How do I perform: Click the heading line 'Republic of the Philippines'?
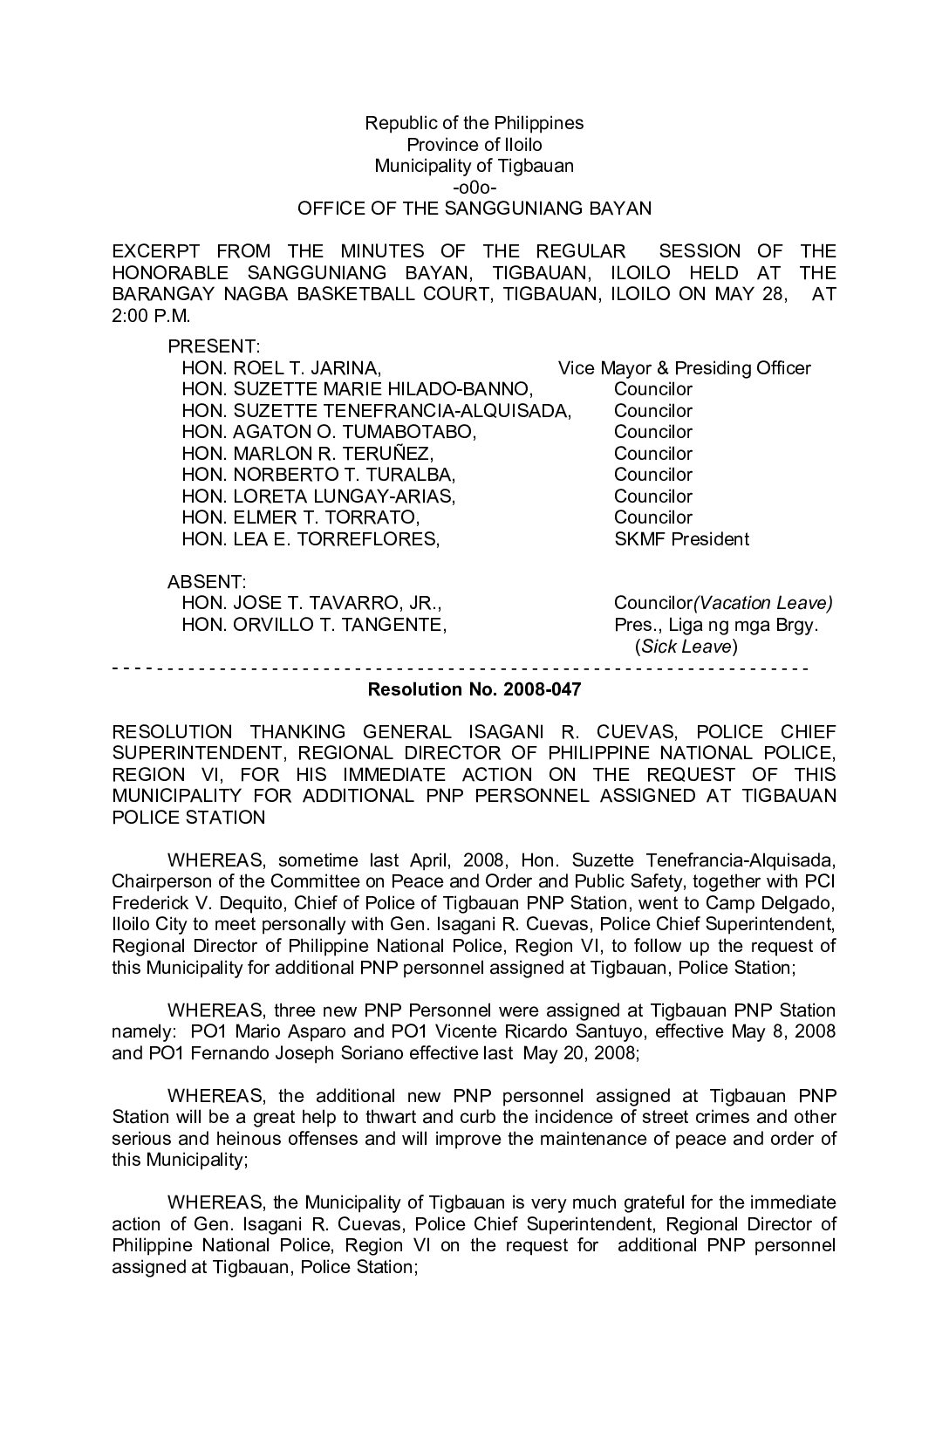[474, 123]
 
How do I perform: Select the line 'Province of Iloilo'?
[474, 144]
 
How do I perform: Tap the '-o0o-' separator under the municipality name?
[474, 187]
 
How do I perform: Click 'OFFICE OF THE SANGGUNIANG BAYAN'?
[474, 209]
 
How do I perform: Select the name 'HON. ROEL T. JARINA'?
[280, 368]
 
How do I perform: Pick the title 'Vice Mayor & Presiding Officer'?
[684, 368]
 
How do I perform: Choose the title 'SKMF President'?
[680, 539]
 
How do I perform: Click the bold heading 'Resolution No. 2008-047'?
[474, 689]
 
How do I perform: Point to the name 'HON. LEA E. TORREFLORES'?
[310, 539]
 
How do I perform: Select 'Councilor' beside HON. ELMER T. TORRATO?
[652, 517]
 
